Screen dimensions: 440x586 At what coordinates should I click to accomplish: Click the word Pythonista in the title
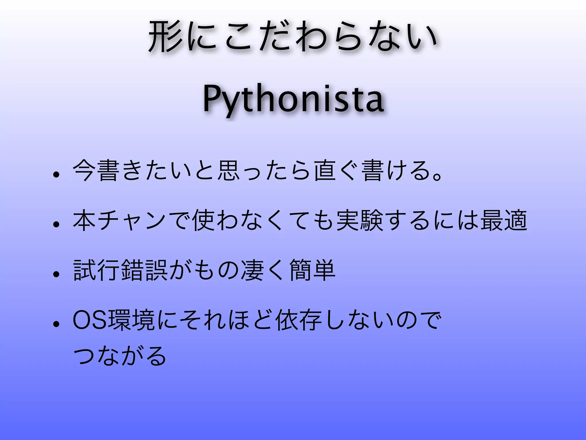[293, 99]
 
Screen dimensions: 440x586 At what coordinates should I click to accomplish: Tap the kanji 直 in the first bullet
[325, 171]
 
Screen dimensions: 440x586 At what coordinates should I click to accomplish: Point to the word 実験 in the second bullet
[360, 221]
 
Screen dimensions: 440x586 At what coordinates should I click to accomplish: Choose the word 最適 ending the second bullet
[504, 221]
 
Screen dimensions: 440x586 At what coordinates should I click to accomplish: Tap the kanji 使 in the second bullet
[204, 221]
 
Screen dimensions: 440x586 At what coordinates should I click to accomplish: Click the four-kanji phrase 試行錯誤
[120, 270]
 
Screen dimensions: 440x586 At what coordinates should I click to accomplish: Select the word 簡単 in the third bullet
[312, 270]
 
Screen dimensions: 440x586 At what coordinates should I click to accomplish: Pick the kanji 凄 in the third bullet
[252, 270]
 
